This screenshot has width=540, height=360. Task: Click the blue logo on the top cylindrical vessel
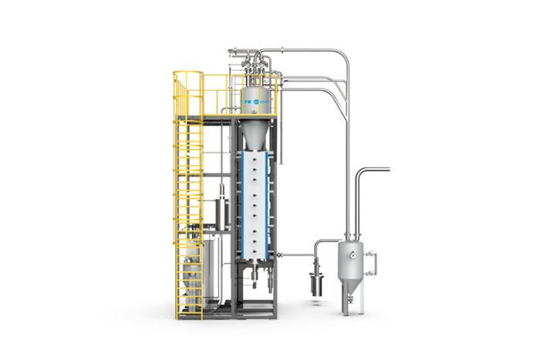[x=255, y=101]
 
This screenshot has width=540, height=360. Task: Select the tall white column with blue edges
[x=256, y=204]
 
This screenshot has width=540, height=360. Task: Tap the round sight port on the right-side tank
[x=352, y=251]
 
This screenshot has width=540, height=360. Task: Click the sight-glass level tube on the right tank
[x=376, y=263]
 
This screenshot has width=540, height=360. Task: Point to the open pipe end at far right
[x=388, y=168]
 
